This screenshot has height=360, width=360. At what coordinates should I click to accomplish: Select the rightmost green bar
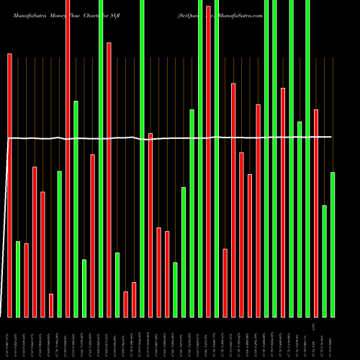pyautogui.click(x=333, y=245)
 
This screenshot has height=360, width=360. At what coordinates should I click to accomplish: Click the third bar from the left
pyautogui.click(x=27, y=280)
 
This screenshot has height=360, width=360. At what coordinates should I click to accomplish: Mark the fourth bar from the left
pyautogui.click(x=35, y=242)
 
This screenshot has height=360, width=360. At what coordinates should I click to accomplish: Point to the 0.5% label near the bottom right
pyautogui.click(x=315, y=325)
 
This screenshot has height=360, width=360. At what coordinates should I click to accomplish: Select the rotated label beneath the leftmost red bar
pyautogui.click(x=9, y=338)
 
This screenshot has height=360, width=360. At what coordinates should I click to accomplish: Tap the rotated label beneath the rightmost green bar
pyautogui.click(x=331, y=338)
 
